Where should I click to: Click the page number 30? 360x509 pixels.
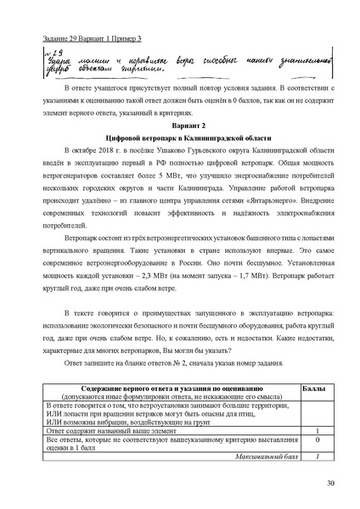[x=330, y=484]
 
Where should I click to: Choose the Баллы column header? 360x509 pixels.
[x=316, y=387]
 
